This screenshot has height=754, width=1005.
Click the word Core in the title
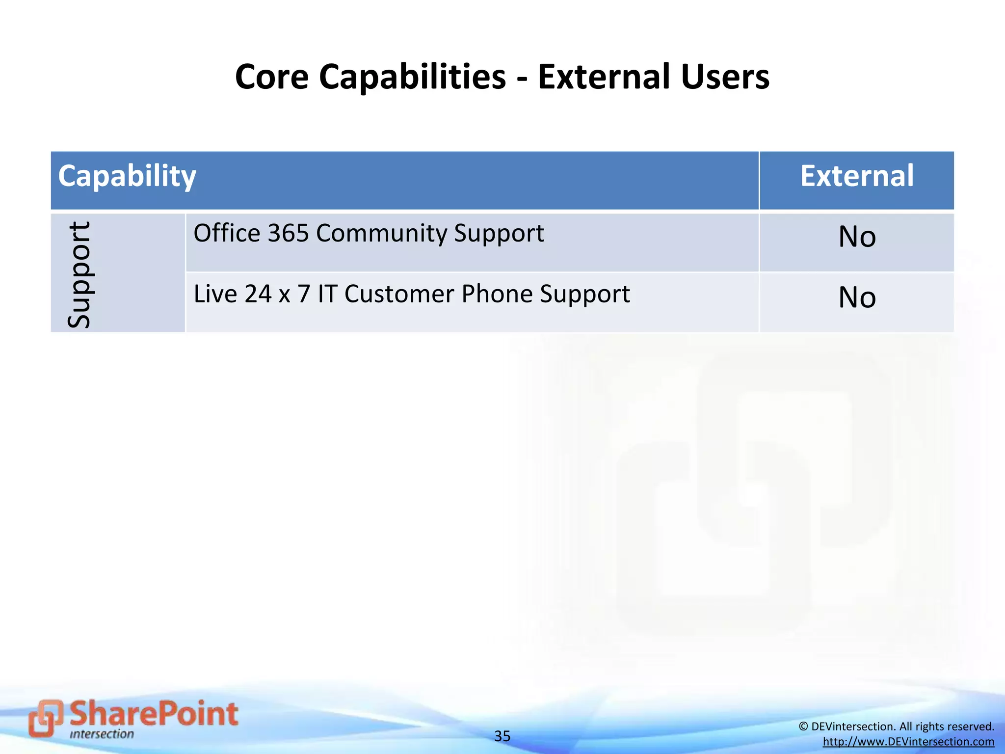[x=272, y=77]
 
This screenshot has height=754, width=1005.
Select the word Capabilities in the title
[x=412, y=77]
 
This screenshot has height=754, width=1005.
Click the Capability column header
[x=127, y=176]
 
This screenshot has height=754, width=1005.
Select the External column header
[x=857, y=176]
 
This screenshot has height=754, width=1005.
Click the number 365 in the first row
[x=288, y=233]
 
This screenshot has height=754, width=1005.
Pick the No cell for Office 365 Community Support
[x=857, y=237]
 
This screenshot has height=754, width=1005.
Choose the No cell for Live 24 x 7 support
[x=857, y=297]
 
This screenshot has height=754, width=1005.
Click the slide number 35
[x=502, y=736]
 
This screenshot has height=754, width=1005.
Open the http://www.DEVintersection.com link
[x=908, y=742]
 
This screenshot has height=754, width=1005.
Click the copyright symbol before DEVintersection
[x=803, y=727]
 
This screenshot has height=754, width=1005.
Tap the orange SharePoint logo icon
[x=45, y=718]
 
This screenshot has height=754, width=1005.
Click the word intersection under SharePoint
[x=102, y=734]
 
